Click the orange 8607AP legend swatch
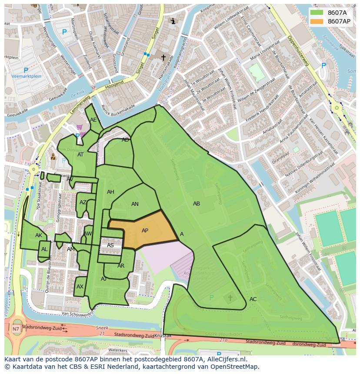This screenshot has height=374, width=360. [317, 21]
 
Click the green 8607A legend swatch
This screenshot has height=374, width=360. [317, 13]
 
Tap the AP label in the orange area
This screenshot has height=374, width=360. [145, 231]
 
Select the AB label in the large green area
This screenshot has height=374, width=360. [197, 204]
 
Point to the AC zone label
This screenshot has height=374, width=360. [253, 299]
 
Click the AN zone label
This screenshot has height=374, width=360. [135, 204]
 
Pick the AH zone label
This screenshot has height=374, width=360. [110, 192]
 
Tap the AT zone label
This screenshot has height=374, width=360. [80, 155]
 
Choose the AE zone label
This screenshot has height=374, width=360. [93, 120]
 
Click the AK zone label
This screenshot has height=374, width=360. [39, 235]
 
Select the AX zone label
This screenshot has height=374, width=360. [80, 287]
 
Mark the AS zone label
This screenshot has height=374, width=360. [110, 245]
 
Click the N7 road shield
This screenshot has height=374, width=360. [16, 329]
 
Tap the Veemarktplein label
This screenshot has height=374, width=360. [26, 76]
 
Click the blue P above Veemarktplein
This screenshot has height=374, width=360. [26, 70]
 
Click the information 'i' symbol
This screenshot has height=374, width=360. [173, 21]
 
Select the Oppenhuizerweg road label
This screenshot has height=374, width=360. [298, 51]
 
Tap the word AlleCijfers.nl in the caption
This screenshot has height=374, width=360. [226, 359]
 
